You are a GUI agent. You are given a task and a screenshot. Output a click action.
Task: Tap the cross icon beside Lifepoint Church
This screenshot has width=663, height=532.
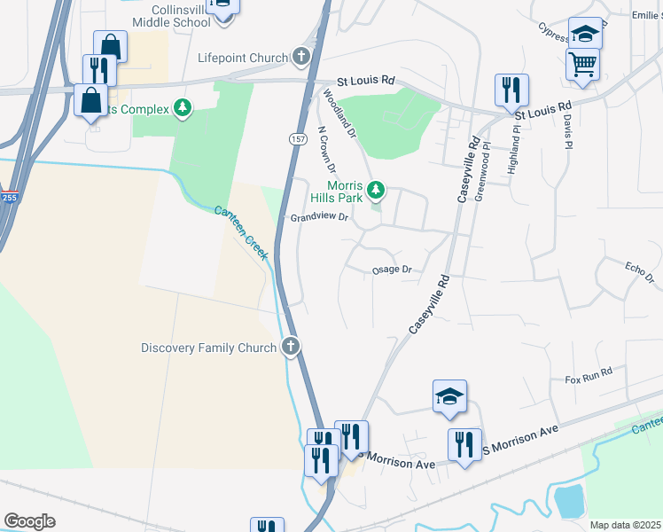click(301, 59)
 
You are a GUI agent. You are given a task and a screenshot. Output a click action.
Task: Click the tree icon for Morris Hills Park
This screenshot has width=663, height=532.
click(377, 188)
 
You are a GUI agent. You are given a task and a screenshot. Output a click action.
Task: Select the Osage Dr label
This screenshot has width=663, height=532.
click(392, 269)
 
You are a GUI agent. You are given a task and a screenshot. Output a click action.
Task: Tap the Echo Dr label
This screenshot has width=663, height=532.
click(638, 272)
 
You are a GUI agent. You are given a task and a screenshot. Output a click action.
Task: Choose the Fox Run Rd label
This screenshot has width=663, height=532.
click(589, 377)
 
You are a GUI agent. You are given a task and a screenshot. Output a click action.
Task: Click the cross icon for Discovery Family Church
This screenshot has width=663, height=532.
click(291, 348)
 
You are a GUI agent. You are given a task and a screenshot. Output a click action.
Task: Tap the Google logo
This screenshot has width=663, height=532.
click(29, 521)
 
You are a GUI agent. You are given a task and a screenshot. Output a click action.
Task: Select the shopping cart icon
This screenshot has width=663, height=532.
click(582, 62)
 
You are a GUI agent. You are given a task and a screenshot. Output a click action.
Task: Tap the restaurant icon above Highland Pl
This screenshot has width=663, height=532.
click(511, 90)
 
